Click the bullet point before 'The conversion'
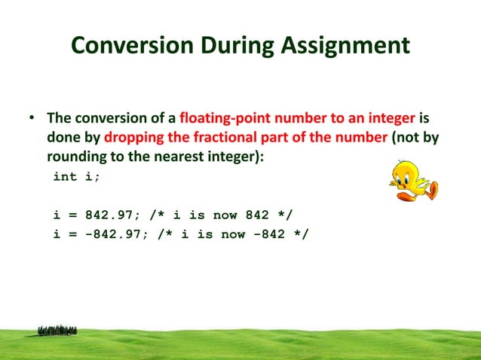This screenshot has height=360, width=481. [32, 120]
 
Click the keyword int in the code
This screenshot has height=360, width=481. [65, 178]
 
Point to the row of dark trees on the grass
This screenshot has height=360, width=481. [57, 330]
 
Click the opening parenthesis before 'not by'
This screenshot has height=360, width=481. [393, 139]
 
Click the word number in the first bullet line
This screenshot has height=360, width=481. [296, 119]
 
